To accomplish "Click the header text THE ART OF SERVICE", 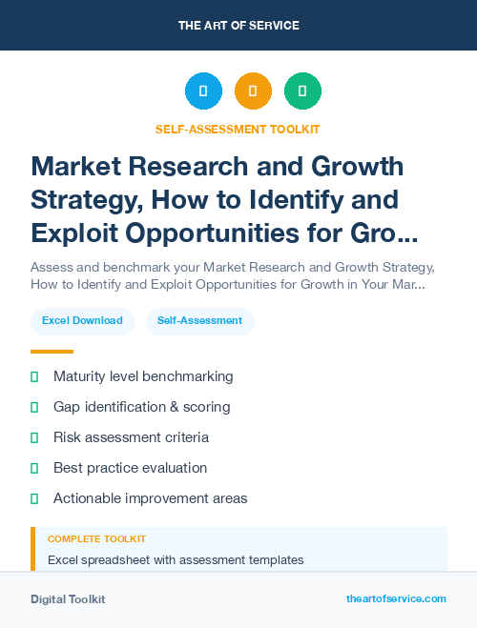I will (x=238, y=26).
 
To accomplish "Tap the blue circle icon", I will (x=203, y=91).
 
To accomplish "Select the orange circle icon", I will (x=253, y=91).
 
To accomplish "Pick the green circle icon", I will (x=302, y=91).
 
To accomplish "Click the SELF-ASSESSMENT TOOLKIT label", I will (x=238, y=129).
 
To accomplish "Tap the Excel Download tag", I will (x=82, y=321).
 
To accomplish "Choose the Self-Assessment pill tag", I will (x=200, y=321).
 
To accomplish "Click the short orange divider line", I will (x=52, y=352).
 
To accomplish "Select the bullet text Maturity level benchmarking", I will (x=143, y=376).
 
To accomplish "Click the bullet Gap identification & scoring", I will (x=141, y=407).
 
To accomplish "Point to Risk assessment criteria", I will (x=131, y=437).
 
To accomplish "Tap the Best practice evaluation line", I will (x=130, y=468).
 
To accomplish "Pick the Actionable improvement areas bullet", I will (x=150, y=498).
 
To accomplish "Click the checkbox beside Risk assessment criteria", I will (x=34, y=437).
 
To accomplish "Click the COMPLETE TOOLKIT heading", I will (x=97, y=539).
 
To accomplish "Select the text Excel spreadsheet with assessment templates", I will (x=176, y=559).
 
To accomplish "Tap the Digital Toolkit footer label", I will (x=68, y=599).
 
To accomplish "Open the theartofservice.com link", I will (x=396, y=598).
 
